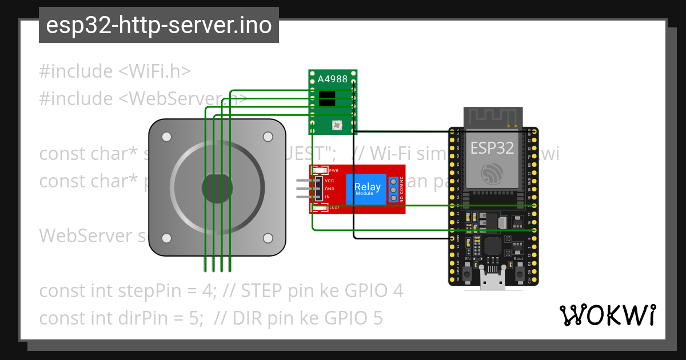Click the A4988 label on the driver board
(332, 79)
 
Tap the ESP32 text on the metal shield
(492, 147)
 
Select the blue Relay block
(367, 188)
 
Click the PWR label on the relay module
(334, 171)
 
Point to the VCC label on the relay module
(329, 181)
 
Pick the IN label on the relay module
(327, 197)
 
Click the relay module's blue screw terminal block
(393, 189)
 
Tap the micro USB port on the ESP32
(492, 282)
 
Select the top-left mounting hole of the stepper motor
(166, 137)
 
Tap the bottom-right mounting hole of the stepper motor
(268, 238)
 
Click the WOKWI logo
(608, 315)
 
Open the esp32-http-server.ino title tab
(158, 26)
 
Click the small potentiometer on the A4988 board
(336, 124)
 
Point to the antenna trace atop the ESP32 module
(492, 117)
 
